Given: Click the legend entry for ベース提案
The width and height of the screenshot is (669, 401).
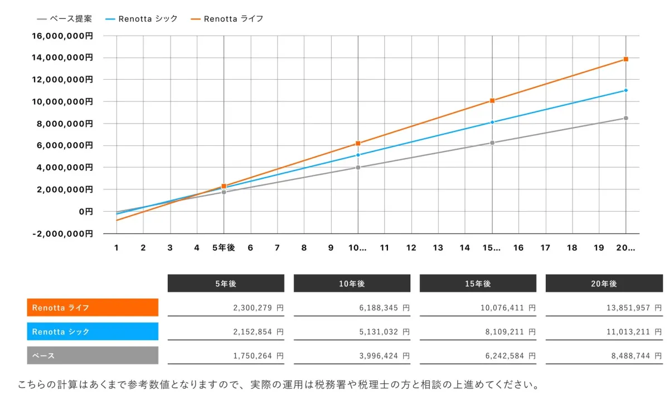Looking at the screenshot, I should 64,19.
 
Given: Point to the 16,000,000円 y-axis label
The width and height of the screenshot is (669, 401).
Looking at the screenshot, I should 62,36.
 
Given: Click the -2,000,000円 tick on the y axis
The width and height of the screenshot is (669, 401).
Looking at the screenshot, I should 62,233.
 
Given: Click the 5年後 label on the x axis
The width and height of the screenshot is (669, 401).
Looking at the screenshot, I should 224,248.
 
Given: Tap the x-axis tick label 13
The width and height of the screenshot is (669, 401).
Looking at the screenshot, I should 438,248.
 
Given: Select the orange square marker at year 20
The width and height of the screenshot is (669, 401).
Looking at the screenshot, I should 626,59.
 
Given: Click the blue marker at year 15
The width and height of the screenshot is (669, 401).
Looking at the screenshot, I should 492,122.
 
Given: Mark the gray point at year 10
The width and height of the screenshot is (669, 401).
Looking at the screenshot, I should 358,167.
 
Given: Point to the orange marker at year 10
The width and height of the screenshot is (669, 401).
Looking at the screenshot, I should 358,143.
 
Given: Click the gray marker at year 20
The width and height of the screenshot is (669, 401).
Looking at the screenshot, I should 626,118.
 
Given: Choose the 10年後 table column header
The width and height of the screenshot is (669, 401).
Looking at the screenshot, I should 352,283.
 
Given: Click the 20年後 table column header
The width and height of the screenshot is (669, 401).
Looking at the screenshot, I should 604,283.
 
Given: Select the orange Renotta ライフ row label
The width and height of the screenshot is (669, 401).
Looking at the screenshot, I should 93,307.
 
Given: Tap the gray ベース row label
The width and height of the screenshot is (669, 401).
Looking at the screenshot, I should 93,355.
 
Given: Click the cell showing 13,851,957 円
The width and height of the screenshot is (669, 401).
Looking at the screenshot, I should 604,307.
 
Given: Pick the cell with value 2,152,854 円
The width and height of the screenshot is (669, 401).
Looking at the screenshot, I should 226,331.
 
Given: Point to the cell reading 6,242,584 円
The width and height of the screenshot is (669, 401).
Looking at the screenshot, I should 478,355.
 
